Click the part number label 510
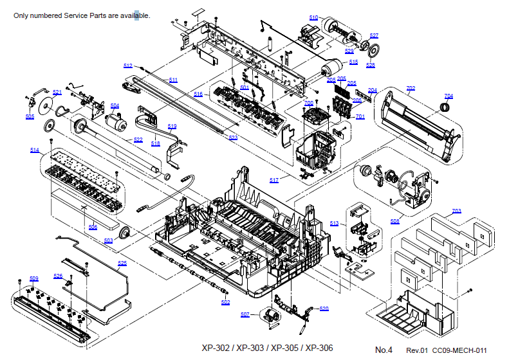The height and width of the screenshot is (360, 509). [x=313, y=17]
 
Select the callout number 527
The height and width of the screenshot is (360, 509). [x=374, y=35]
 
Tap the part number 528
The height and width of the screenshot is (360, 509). [x=371, y=65]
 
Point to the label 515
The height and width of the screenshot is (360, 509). [x=353, y=62]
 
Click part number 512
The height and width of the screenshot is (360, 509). [x=127, y=66]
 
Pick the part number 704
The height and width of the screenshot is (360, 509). [x=449, y=96]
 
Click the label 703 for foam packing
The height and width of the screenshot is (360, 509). [x=456, y=211]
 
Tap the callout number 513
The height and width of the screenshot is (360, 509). [x=334, y=223]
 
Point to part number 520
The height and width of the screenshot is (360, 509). [x=324, y=309]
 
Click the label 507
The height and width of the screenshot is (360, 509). [x=245, y=314]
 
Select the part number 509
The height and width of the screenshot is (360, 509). [x=33, y=278]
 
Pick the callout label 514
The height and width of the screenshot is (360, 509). [x=34, y=150]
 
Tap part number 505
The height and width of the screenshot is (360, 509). [x=30, y=116]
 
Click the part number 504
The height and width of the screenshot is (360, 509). [x=115, y=105]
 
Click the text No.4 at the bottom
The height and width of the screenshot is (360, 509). [x=384, y=350]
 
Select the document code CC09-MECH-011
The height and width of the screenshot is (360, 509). [x=459, y=350]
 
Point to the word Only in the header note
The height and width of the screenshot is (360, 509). [x=21, y=15]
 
